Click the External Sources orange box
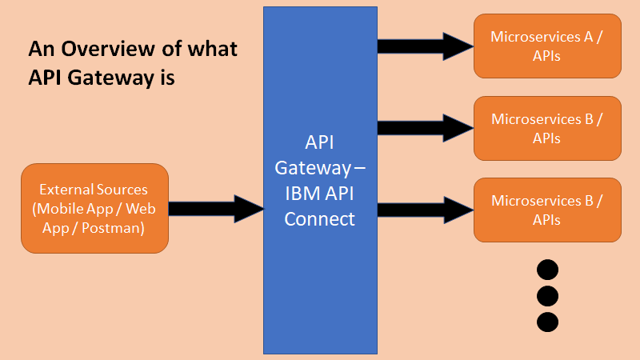[94, 208]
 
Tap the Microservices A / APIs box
[547, 46]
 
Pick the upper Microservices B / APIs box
[547, 128]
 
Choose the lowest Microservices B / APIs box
[547, 210]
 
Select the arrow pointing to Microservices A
[425, 45]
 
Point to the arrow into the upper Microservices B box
[425, 126]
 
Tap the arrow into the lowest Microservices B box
[425, 210]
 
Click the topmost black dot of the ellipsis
[547, 268]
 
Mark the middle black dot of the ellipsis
[547, 295]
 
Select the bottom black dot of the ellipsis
[547, 322]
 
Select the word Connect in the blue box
[320, 218]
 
